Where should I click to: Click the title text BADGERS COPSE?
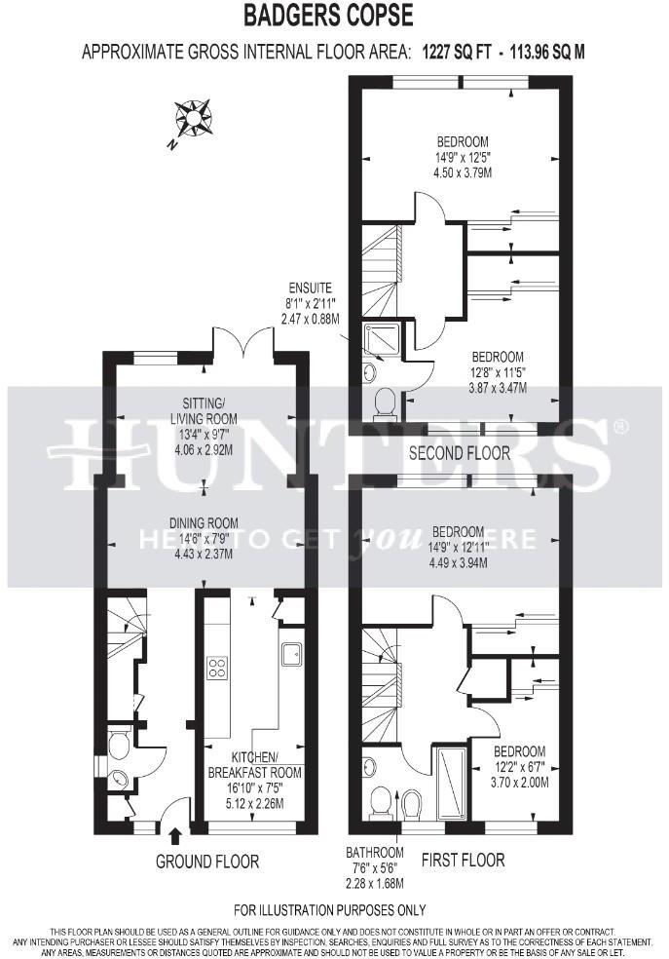point(328,16)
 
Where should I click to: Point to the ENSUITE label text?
point(310,288)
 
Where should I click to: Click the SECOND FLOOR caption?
point(459,453)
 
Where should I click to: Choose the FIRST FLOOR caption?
point(463,860)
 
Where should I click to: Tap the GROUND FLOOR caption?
point(207,862)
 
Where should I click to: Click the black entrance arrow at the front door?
point(175,835)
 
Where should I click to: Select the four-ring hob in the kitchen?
point(216,669)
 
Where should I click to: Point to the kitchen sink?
point(291,653)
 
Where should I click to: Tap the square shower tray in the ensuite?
point(376,337)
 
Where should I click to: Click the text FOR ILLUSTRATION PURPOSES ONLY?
point(330,910)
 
